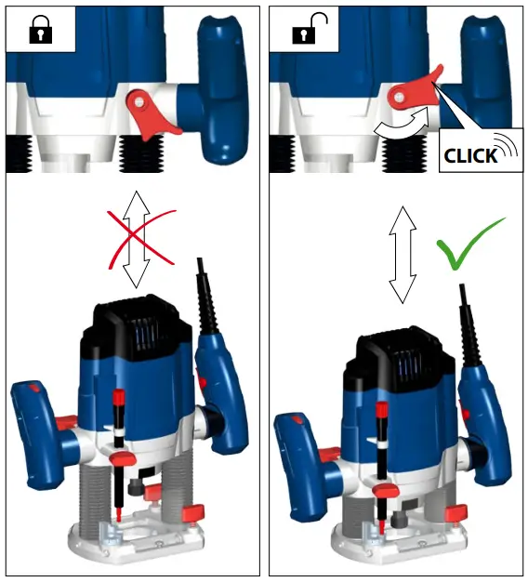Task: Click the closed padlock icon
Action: (39, 33)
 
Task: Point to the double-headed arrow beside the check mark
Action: (401, 254)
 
